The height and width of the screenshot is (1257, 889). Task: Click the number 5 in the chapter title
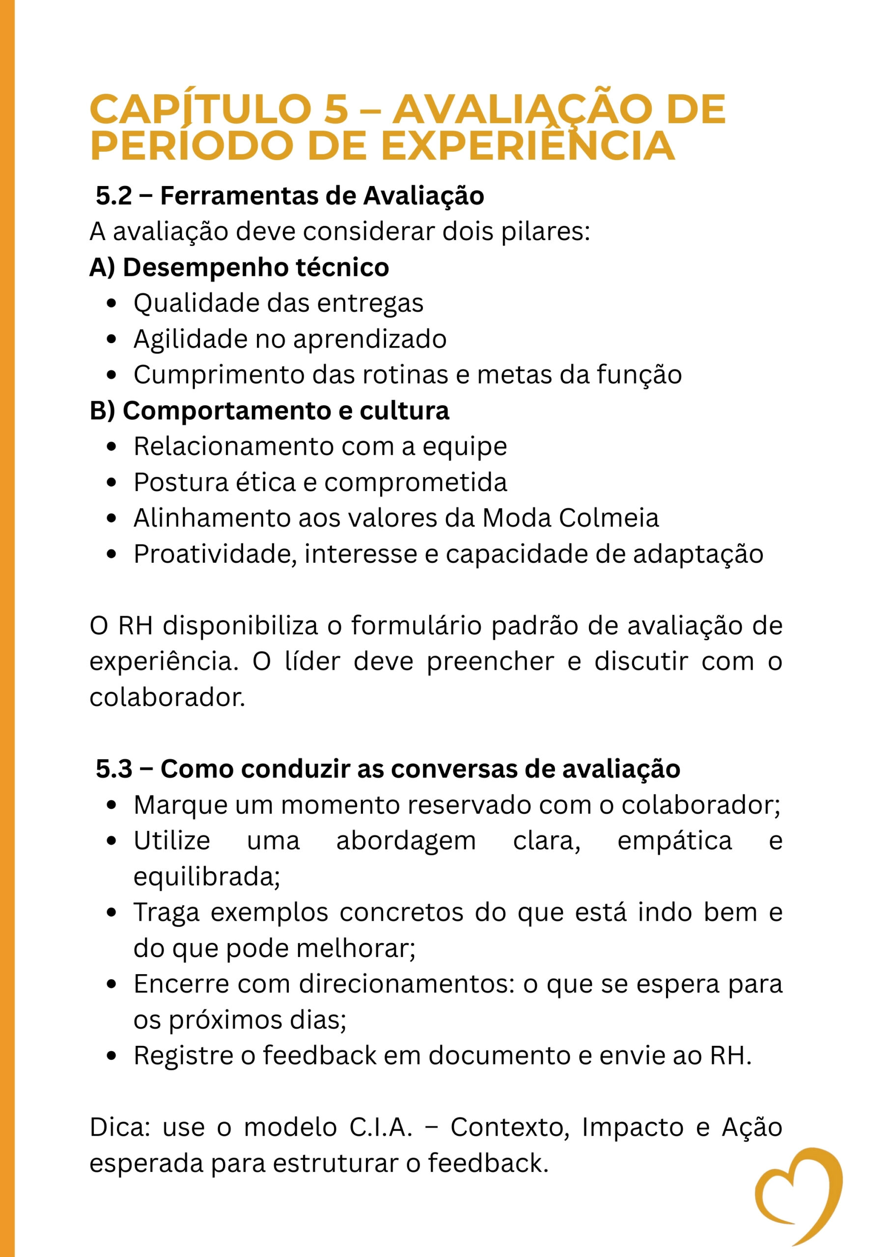336,109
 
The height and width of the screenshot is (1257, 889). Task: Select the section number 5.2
114,196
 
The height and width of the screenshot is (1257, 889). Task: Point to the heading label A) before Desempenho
103,268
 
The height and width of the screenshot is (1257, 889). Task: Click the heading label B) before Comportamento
103,410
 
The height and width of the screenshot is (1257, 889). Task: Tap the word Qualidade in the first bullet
179,303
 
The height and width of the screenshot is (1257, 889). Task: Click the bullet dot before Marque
112,805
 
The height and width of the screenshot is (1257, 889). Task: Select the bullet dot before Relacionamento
112,447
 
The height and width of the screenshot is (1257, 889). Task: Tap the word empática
674,841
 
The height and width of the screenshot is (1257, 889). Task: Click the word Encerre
181,984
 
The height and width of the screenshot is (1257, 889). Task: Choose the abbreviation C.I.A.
381,1128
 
